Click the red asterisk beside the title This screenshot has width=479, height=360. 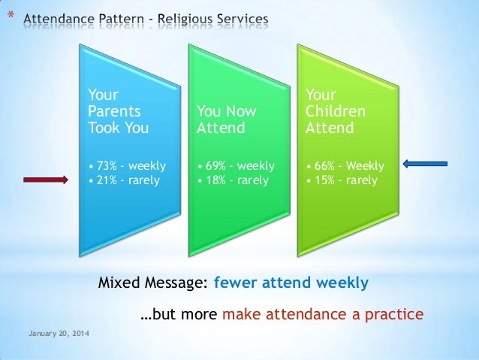[11, 15]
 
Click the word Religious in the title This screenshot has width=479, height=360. [185, 19]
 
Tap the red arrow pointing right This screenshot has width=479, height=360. [46, 180]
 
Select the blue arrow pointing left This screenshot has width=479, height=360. [425, 164]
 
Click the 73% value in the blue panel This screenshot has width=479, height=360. [107, 166]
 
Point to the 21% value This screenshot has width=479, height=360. [107, 180]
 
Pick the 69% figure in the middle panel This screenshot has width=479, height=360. [215, 166]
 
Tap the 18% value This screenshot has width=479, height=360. [215, 180]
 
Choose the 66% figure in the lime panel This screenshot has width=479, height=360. [324, 166]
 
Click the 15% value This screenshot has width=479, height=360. [325, 180]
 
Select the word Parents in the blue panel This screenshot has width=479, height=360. [114, 111]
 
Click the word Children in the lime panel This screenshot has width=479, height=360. [336, 111]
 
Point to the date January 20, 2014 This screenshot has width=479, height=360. [59, 334]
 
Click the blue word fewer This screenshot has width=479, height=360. [235, 283]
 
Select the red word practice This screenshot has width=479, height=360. [394, 314]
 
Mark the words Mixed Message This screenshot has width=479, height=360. [152, 283]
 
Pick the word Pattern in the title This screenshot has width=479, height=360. [122, 19]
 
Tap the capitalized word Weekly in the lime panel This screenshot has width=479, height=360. [365, 166]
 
